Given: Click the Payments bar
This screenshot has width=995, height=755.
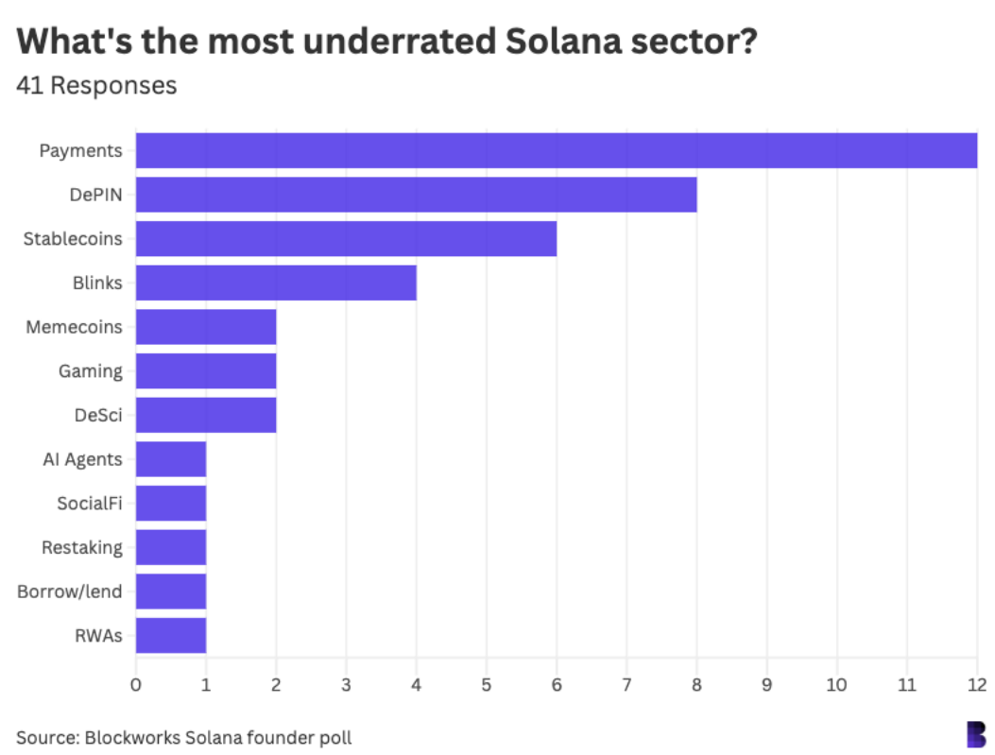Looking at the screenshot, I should click(556, 150).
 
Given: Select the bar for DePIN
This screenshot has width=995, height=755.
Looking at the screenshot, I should click(416, 195).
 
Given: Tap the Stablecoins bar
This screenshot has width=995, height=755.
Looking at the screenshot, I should click(346, 238).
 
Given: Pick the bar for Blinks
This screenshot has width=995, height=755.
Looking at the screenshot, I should click(276, 283).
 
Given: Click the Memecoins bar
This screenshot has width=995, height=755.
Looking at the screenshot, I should click(206, 327).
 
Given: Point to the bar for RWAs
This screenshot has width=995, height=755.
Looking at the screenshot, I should click(171, 635).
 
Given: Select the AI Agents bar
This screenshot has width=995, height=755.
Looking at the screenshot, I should click(171, 459).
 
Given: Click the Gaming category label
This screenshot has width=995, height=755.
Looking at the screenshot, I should click(90, 370).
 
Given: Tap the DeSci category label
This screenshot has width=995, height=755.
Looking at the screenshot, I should click(98, 415).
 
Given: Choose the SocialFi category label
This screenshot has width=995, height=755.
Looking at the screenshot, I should click(89, 503).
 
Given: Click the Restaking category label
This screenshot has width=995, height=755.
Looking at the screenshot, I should click(81, 547).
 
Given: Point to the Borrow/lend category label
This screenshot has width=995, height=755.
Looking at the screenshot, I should click(69, 592).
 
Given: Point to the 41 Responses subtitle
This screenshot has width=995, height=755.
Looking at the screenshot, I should click(96, 85).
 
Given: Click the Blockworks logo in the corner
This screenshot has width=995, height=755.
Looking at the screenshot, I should click(975, 733).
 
